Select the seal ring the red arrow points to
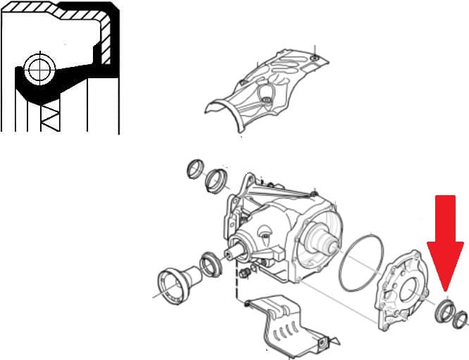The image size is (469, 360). click(x=444, y=309)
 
